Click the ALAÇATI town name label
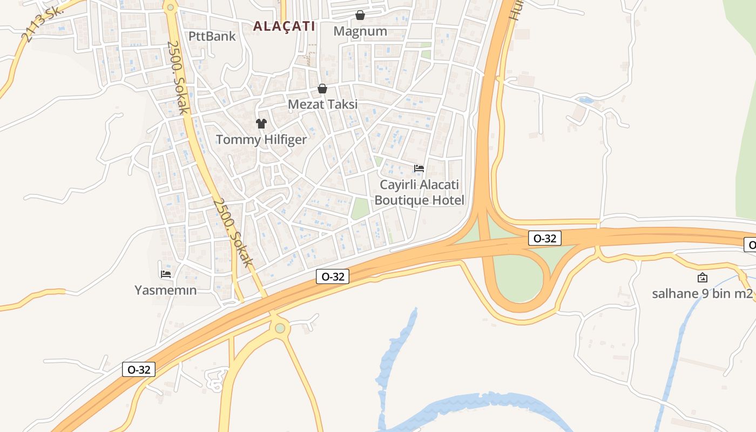point(284,26)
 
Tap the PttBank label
point(212,36)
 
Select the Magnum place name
point(360,31)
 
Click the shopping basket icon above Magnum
point(360,15)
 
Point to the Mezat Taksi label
point(322,104)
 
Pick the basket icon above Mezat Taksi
point(322,89)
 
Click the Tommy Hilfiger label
point(261,139)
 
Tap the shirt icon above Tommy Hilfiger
point(261,124)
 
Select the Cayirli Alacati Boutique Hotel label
point(419,192)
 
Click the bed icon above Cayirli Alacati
point(419,168)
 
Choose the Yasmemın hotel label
point(166,290)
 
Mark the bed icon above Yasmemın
point(166,274)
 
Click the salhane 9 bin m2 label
point(702,294)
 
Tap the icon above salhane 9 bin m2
point(703,278)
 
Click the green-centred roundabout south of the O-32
point(280,328)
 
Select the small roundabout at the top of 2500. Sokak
point(171,8)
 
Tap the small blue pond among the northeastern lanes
point(585,100)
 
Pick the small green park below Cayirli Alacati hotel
point(360,208)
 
